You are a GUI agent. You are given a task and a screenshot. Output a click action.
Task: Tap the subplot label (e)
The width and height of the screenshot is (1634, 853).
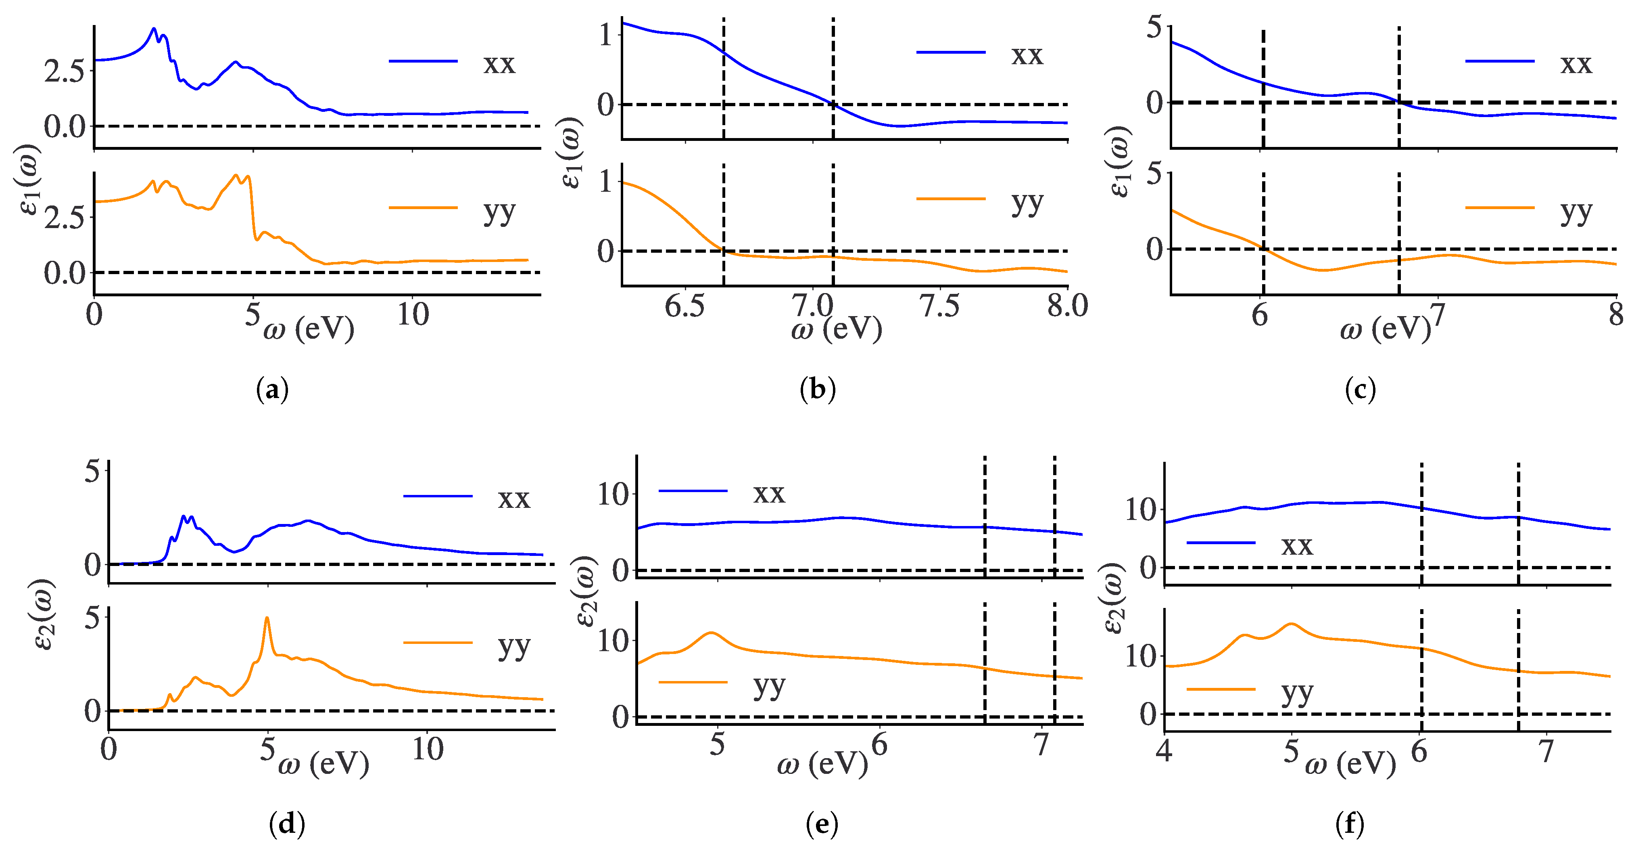pos(822,824)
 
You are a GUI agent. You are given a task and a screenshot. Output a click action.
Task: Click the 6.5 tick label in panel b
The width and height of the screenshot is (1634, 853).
pos(684,306)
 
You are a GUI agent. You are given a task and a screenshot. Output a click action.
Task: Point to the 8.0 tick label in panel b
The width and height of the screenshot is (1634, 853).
pos(1067,306)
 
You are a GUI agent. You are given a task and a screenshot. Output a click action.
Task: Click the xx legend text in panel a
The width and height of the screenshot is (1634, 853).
pos(499,63)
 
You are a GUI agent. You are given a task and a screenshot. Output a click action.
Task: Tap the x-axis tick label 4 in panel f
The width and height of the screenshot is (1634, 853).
pos(1164,751)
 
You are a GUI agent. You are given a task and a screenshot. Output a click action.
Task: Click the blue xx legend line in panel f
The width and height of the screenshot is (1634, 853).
pos(1221,543)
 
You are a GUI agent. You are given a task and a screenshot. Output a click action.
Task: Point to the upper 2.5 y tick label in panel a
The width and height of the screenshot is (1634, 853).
pos(63,71)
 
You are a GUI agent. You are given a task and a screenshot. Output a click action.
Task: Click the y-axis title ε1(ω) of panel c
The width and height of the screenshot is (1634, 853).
pos(1120,162)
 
